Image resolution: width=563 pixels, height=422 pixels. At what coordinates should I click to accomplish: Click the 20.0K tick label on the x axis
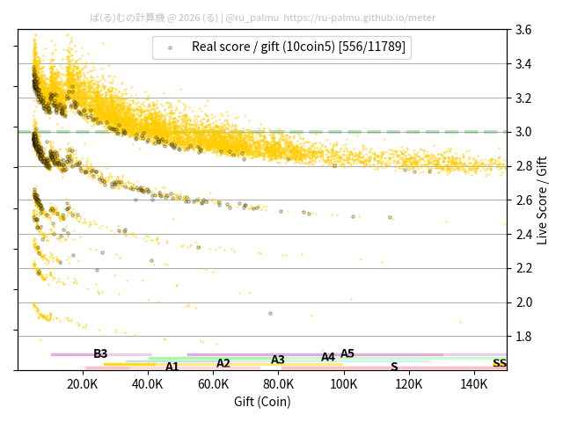pos(83,384)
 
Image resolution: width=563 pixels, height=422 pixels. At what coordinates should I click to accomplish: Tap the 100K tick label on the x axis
pos(344,384)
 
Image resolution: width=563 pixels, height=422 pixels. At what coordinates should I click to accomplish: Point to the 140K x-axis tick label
pos(474,384)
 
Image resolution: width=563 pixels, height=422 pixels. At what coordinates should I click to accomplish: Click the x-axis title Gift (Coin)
pos(262,402)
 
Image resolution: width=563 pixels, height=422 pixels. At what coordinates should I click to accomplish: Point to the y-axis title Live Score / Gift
pos(542,200)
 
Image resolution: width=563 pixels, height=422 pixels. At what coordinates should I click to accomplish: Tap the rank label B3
pos(100,353)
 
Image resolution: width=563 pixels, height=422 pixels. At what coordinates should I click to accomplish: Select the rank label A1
pos(172,367)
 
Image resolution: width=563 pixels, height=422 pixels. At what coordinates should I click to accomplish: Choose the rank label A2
pos(223,363)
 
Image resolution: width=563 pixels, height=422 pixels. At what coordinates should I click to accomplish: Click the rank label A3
pos(278,360)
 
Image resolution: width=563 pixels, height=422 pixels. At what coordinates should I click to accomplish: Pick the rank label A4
pos(328,357)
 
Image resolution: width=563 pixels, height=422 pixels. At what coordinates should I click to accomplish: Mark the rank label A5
pos(347,353)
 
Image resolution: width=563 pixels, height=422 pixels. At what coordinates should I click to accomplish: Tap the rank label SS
pos(499,363)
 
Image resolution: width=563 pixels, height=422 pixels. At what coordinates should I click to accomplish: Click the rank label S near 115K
pos(394,367)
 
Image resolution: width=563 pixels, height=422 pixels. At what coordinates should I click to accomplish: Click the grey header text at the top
pos(262,17)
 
